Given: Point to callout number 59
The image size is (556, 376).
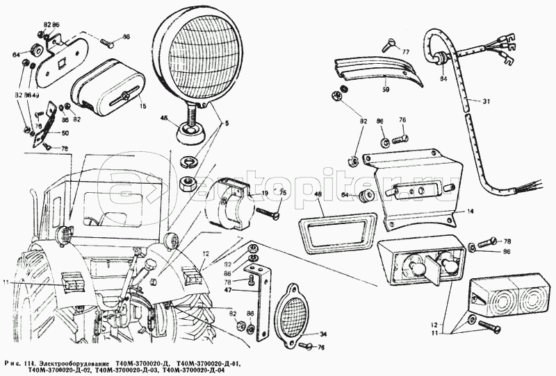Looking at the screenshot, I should click(386, 88).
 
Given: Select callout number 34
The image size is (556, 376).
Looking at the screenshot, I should click(322, 334).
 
